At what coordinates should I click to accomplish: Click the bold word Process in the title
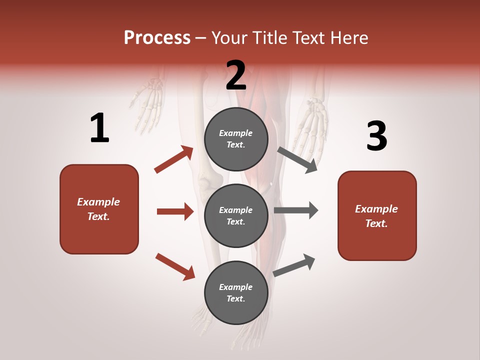(x=157, y=37)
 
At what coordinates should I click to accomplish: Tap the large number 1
(x=99, y=128)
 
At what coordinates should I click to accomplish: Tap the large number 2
(x=236, y=75)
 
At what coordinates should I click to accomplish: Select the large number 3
(x=376, y=136)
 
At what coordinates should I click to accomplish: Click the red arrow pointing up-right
(x=174, y=159)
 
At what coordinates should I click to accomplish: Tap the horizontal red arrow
(x=175, y=211)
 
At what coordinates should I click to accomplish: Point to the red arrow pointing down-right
(x=175, y=266)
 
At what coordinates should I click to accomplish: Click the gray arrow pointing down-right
(x=297, y=160)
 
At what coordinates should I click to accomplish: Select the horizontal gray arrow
(x=296, y=210)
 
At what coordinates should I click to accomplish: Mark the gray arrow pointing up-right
(x=294, y=265)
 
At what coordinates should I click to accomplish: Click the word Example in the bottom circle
(x=236, y=287)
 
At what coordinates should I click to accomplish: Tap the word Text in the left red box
(x=98, y=216)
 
